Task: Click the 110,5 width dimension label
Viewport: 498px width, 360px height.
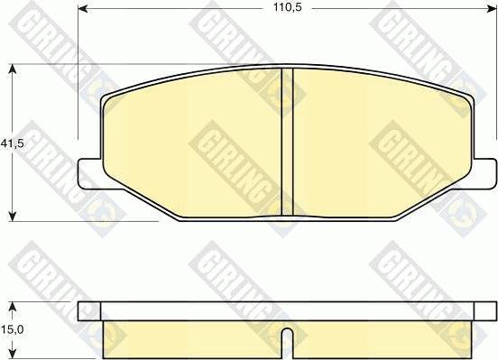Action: [288, 7]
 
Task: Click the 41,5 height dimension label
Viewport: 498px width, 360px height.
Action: [12, 143]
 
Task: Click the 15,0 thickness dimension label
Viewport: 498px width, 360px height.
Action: [12, 329]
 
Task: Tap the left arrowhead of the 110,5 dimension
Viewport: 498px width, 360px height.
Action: [83, 9]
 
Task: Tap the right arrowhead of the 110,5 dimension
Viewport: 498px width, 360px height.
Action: [492, 9]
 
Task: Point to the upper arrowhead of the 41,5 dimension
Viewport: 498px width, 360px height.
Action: [12, 69]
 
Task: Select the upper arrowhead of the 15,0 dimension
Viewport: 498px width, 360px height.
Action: [12, 306]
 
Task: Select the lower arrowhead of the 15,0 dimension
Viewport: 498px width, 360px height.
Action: [12, 354]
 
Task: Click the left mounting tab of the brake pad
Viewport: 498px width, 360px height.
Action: [90, 174]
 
